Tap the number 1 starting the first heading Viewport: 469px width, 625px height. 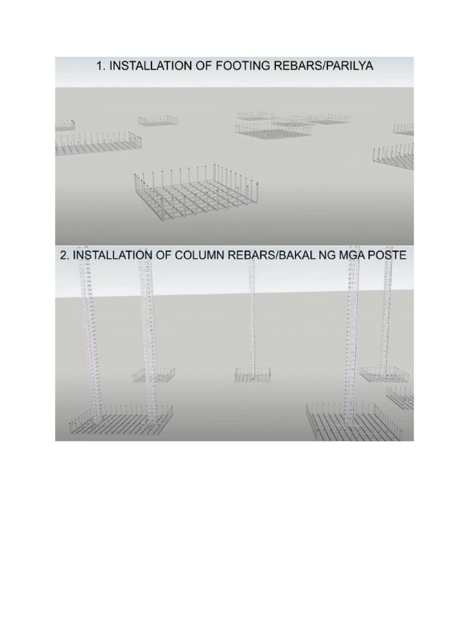point(100,66)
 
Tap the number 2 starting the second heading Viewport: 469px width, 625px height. point(64,256)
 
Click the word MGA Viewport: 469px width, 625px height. point(348,256)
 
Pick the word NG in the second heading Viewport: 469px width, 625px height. point(322,256)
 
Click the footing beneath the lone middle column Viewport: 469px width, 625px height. point(252,375)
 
